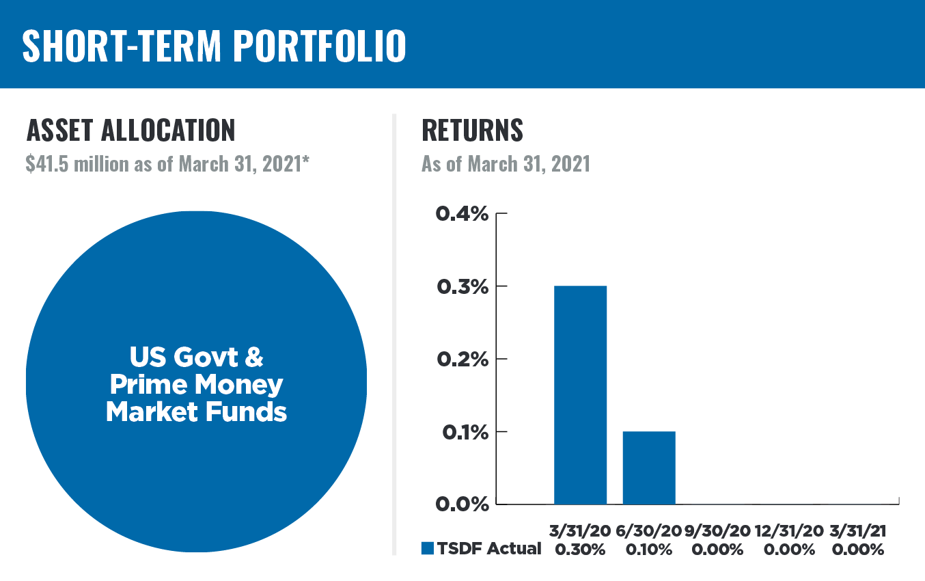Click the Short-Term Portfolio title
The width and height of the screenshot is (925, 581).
[x=214, y=46]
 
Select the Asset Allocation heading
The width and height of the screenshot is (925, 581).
[x=130, y=130]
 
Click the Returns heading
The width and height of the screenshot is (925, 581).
[x=472, y=130]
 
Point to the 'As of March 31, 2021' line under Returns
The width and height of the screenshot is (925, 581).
[x=506, y=164]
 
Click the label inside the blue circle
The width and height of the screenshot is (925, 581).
[x=196, y=385]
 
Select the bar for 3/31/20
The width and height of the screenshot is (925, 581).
[x=580, y=394]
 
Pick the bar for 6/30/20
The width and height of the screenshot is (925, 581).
[x=649, y=468]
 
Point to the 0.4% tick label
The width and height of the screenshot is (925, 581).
[x=463, y=214]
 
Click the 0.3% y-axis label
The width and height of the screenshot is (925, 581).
[x=463, y=286]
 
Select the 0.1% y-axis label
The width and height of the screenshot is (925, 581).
[x=463, y=432]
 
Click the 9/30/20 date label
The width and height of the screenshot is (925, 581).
[x=718, y=531]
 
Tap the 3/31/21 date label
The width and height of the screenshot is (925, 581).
[x=857, y=531]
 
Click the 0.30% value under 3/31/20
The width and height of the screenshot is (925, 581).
[x=580, y=550]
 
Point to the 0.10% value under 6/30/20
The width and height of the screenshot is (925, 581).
[x=649, y=550]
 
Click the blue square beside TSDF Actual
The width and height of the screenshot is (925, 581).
[x=428, y=549]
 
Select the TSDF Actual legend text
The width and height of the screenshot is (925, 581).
[x=489, y=549]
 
